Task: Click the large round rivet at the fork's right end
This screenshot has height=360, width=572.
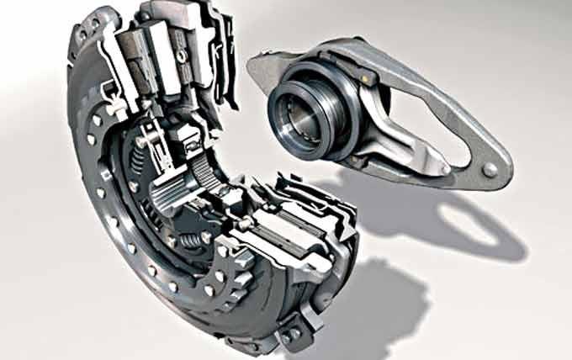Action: click(490, 169)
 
